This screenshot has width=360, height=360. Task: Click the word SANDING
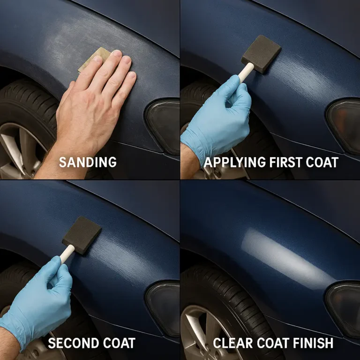coord(88,162)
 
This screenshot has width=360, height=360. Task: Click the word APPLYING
coord(235,162)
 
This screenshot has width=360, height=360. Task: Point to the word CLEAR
coord(233,343)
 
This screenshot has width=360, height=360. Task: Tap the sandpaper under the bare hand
coord(94,59)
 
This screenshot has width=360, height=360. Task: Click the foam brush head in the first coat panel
coord(261,54)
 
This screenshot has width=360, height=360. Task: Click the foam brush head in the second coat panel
coord(82,235)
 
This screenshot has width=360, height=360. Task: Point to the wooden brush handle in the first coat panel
coord(246,72)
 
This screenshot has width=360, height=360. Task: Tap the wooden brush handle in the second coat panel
coord(67,254)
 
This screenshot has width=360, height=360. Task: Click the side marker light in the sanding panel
coord(164,126)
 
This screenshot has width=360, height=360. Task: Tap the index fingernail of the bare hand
coord(116,53)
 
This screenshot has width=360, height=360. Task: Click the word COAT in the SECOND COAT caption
coord(119,343)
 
